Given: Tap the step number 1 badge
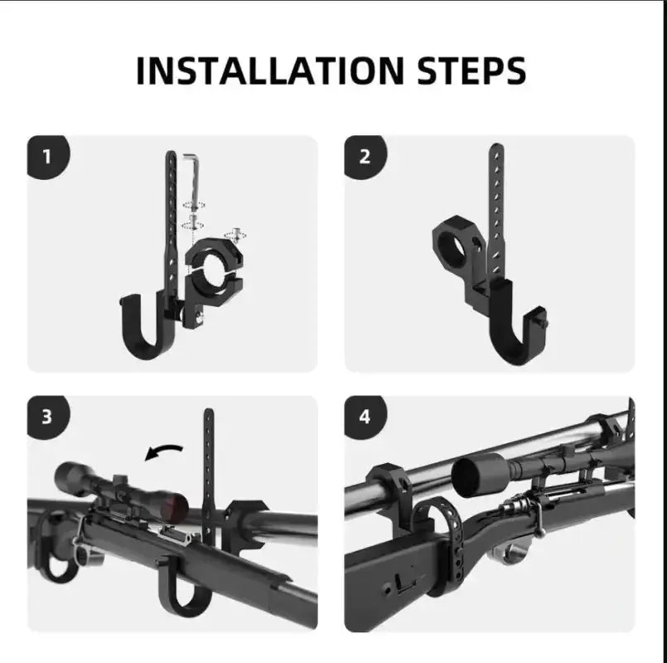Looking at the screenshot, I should click(47, 156).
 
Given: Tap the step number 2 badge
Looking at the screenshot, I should click(365, 156).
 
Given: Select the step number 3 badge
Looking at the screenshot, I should click(47, 416).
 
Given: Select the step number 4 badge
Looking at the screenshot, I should click(365, 416).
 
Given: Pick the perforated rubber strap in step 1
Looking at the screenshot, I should click(172, 215).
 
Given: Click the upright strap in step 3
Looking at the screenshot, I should click(208, 464).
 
